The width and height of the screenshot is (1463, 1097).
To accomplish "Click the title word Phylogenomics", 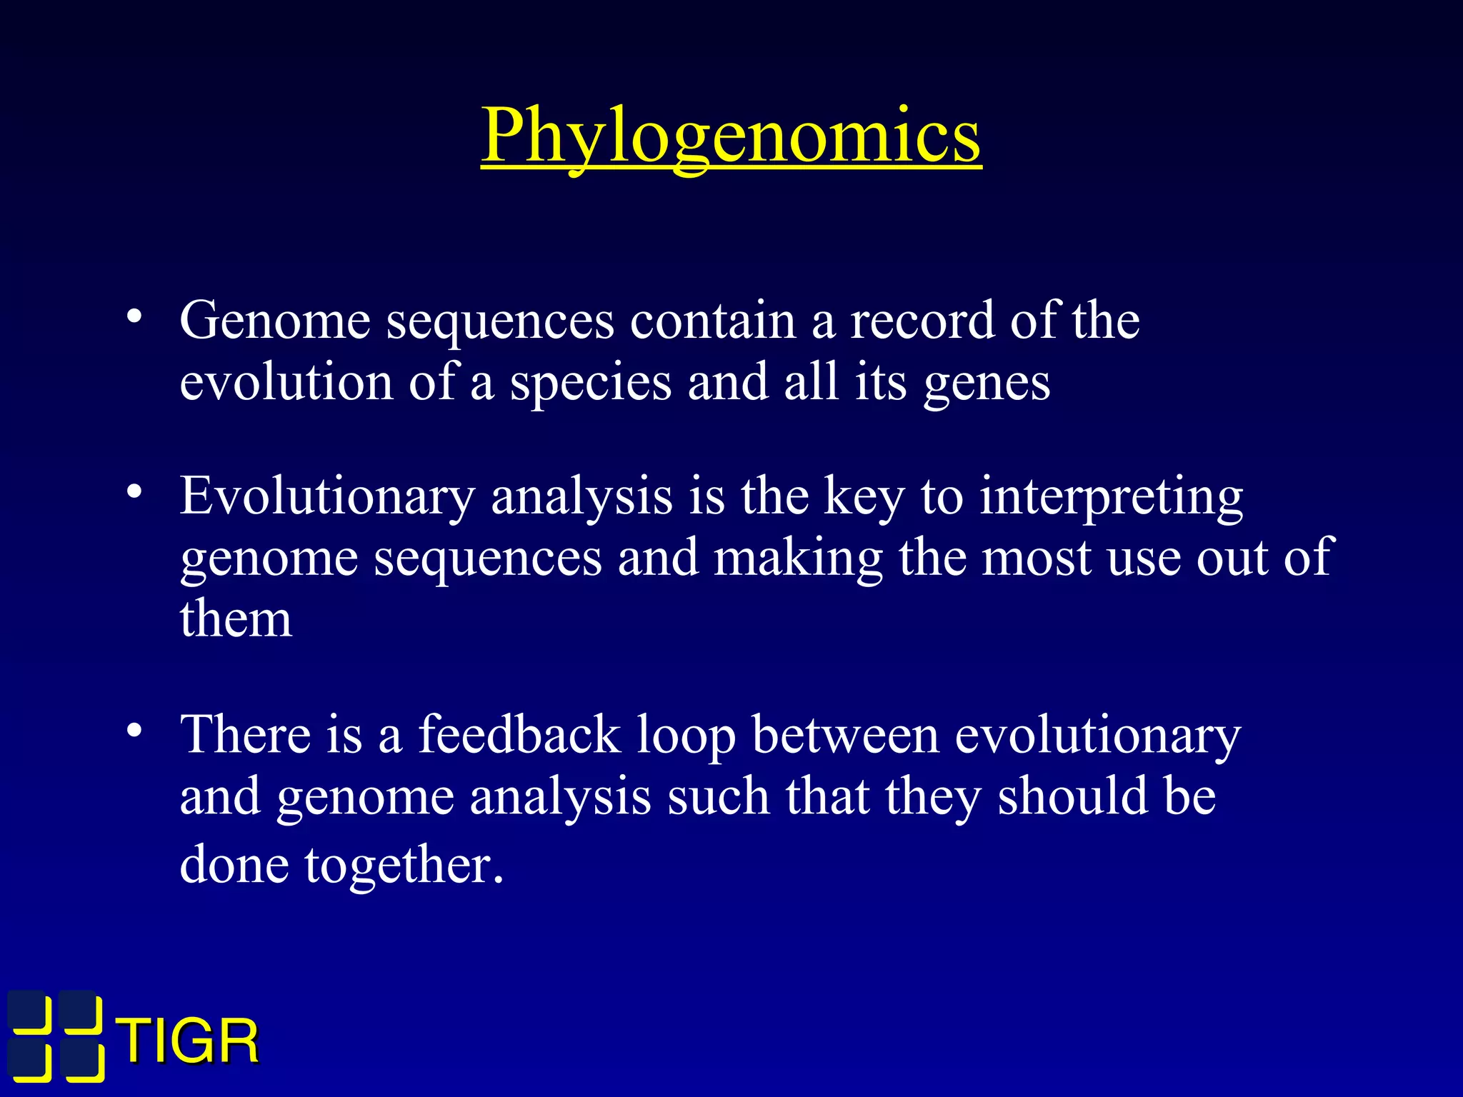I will click(x=731, y=136).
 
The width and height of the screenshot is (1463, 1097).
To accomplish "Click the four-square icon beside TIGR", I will click(x=56, y=1036).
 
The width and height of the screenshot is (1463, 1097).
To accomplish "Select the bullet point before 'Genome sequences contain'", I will click(x=134, y=318).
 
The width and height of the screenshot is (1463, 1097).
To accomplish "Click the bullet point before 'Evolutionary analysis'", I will click(x=134, y=493).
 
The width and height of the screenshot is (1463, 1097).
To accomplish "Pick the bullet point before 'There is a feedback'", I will click(x=134, y=731).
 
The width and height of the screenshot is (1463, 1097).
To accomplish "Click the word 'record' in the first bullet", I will click(x=921, y=321).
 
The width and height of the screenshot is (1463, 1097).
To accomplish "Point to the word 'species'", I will click(x=590, y=384).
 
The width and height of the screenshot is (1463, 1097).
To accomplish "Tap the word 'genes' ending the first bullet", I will click(x=987, y=384).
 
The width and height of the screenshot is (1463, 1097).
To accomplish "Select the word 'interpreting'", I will click(x=1111, y=497).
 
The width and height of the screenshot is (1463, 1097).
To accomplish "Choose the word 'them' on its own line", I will click(x=236, y=618).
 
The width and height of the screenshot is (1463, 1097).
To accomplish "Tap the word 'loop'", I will click(x=686, y=736).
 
